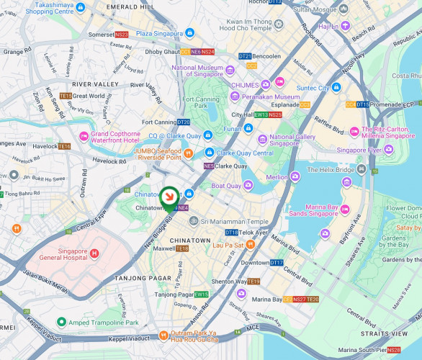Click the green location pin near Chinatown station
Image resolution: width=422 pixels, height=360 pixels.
click(169, 197)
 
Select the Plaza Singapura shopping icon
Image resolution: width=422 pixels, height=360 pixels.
click(189, 33)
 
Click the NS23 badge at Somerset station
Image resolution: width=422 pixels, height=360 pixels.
click(122, 35)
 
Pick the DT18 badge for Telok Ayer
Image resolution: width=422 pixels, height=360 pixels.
click(231, 233)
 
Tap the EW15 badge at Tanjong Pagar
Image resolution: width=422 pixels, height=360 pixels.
click(201, 294)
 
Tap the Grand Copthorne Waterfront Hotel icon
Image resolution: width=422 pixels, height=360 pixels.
click(84, 137)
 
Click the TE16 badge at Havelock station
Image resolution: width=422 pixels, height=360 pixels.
click(64, 147)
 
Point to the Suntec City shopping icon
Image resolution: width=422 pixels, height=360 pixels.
click(336, 88)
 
